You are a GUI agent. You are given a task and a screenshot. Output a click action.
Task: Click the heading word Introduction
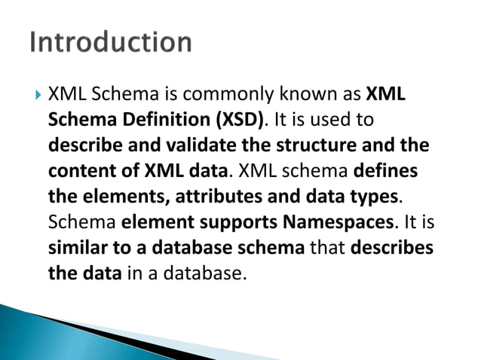tap(111, 41)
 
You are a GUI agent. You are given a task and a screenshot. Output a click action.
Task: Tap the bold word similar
tap(76, 247)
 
